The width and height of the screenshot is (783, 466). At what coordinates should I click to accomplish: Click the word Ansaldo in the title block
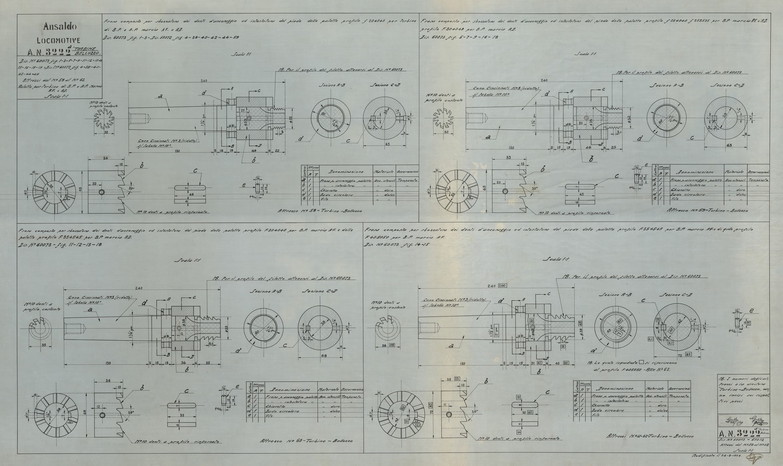tap(60, 26)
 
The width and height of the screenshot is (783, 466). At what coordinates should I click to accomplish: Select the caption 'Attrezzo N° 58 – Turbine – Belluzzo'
tap(320, 211)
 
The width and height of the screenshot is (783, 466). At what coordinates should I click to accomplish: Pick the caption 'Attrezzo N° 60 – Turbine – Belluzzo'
tap(306, 441)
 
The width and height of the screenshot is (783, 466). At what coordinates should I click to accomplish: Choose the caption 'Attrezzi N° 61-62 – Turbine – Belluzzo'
tap(650, 436)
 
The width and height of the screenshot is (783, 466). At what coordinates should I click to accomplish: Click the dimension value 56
tap(105, 158)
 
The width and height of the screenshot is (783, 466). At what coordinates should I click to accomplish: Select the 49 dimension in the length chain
tap(254, 151)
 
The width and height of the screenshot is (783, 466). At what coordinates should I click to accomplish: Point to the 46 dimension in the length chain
tap(589, 147)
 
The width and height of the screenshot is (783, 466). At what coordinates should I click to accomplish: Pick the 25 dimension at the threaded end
tap(613, 147)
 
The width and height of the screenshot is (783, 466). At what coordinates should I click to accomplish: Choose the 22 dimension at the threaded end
tap(277, 151)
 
